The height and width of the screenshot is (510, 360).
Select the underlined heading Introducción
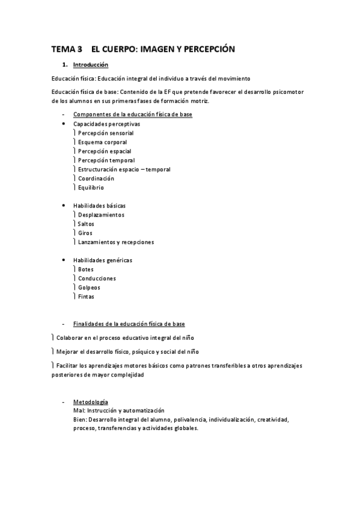(x=90, y=64)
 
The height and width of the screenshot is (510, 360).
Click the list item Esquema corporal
(x=102, y=142)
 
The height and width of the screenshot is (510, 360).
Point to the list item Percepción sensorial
(x=106, y=133)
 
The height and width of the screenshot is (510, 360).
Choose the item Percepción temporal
(x=106, y=160)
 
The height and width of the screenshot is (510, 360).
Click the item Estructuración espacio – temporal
(x=124, y=169)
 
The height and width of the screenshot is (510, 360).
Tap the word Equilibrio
(x=91, y=187)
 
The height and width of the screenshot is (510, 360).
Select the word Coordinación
(x=96, y=178)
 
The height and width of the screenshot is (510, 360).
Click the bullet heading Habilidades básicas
(x=99, y=206)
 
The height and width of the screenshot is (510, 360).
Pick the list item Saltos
(x=86, y=224)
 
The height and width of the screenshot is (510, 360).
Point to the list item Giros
(x=85, y=233)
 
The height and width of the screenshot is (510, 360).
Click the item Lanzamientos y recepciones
(x=116, y=242)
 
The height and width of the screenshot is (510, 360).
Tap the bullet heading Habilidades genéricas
(x=102, y=260)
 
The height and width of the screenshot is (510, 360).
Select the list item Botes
(x=85, y=269)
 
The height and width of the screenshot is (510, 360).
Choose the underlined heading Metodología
(x=91, y=401)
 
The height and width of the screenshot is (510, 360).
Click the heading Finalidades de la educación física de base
(x=129, y=324)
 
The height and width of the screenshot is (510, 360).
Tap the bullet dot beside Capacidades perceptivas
(x=64, y=123)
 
